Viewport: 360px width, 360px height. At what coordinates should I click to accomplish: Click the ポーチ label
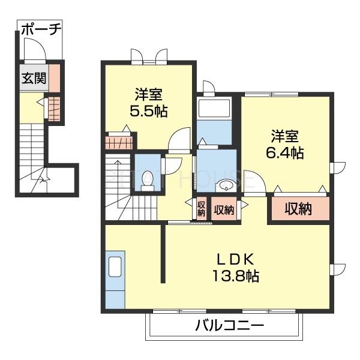[x=41, y=29]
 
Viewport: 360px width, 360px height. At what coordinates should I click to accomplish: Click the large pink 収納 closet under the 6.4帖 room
[x=299, y=209]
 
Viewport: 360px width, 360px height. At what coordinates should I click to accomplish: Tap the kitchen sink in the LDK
[x=115, y=265]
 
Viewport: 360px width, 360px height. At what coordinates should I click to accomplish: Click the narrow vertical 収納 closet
[x=201, y=209]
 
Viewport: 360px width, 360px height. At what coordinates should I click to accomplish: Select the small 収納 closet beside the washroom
[x=223, y=209]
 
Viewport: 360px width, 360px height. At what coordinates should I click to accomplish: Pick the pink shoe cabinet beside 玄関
[x=54, y=77]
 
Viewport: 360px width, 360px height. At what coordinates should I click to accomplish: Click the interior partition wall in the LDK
[x=163, y=252]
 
